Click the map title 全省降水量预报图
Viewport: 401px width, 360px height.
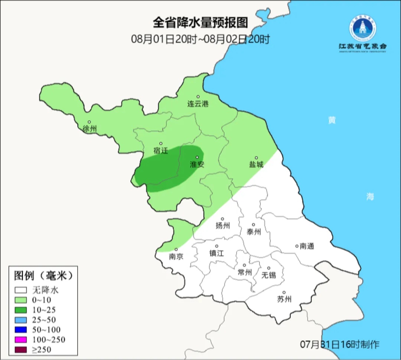200,23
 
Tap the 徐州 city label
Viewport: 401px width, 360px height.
90,129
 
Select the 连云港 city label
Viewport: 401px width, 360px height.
198,104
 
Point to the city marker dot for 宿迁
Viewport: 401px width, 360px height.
161,143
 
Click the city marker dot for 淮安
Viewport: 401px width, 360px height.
197,157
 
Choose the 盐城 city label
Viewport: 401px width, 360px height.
256,164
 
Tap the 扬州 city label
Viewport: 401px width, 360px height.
223,226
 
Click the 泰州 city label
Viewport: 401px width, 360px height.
254,232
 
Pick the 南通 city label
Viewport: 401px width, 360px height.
307,246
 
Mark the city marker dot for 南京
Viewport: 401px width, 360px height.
176,249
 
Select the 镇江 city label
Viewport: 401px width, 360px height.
217,253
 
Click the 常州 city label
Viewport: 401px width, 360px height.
245,272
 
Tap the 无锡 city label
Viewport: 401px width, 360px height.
269,275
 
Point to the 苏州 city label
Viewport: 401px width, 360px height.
284,299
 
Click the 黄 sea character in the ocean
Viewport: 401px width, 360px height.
332,120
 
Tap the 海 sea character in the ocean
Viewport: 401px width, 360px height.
370,197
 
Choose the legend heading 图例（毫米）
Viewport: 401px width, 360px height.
42,276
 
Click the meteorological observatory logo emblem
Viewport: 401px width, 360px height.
362,28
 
